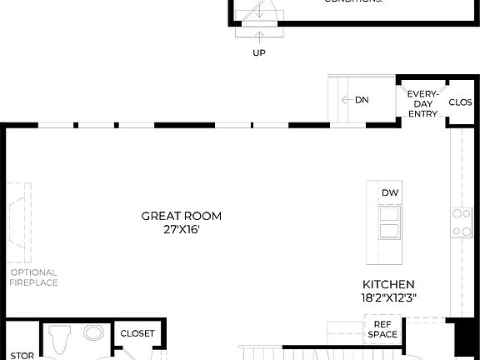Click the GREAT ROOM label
point(182,216)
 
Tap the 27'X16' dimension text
point(182,229)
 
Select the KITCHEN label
point(388,283)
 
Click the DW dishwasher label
point(390,193)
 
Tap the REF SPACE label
point(382,330)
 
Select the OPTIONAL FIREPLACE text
point(33,277)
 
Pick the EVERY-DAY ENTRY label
point(422,104)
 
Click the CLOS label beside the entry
point(461,102)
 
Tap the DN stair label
point(362,100)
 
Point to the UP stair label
point(259,52)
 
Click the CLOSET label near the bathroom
point(137,333)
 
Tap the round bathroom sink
point(94,333)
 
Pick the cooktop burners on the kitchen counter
point(461,220)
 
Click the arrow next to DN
point(347,100)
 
